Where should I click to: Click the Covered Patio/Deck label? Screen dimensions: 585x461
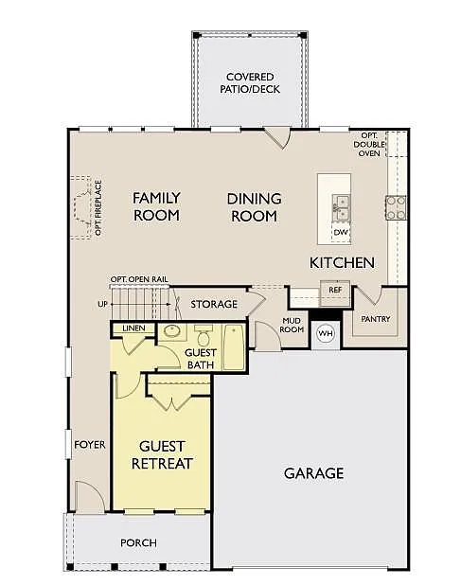(x=250, y=82)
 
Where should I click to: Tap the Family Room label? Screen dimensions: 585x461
(x=156, y=206)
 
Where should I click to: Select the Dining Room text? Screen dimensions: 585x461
(x=253, y=207)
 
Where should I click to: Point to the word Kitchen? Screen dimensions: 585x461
(x=342, y=262)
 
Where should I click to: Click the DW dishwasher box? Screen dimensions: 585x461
(x=340, y=231)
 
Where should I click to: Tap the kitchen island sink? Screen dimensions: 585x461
(x=340, y=204)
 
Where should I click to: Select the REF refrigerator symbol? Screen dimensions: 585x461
(x=335, y=290)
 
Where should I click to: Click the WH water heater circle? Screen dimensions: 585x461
(x=325, y=333)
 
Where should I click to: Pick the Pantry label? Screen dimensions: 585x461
(x=375, y=319)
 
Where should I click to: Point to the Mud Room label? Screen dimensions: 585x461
(x=292, y=326)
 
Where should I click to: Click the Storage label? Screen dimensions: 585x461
(x=213, y=304)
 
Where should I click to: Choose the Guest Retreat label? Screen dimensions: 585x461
(x=162, y=454)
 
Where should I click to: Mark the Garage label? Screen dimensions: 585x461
(x=313, y=472)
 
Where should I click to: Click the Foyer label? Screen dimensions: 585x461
(x=90, y=444)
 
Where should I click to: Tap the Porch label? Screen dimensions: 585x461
(x=138, y=542)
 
